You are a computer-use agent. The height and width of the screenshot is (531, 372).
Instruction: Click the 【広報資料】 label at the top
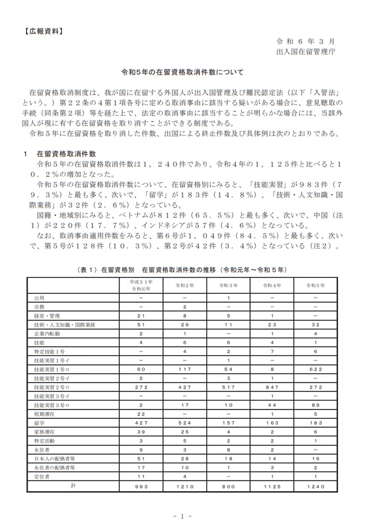point(43,31)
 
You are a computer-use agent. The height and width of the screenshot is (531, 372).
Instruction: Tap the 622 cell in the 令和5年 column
point(315,369)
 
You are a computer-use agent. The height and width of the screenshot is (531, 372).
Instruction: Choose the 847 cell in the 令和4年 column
point(272,387)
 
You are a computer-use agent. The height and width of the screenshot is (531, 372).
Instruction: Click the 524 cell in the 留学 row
point(185,424)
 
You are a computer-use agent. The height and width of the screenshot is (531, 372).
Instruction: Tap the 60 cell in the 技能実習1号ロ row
point(141,369)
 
